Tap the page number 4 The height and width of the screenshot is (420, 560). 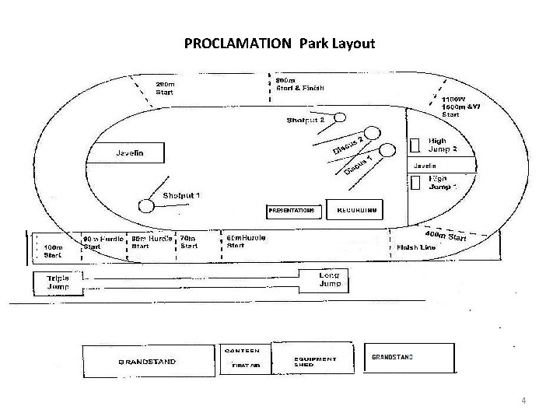click(524, 401)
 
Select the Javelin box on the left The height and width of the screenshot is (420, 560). click(129, 153)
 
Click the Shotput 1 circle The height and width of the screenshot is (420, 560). click(145, 206)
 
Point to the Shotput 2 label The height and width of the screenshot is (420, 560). click(305, 120)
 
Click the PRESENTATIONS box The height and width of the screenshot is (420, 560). click(291, 210)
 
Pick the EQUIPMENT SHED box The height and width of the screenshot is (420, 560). click(314, 362)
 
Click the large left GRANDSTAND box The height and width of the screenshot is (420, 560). click(147, 362)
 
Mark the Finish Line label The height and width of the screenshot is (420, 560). click(416, 247)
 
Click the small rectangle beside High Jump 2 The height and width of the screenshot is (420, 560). click(415, 148)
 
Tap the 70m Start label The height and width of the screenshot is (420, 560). click(189, 242)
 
